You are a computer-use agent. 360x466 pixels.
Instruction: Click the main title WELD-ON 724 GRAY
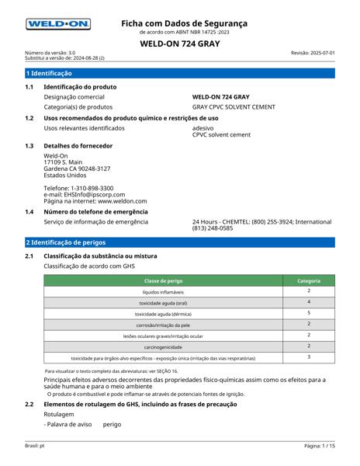point(179,43)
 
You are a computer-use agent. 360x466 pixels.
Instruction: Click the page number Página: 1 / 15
point(319,447)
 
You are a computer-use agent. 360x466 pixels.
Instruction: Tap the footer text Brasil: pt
point(33,447)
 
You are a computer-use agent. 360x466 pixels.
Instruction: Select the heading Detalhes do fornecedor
point(78,146)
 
